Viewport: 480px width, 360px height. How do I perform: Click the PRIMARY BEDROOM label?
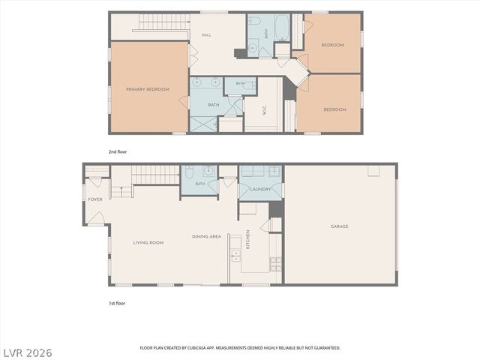tap(148, 89)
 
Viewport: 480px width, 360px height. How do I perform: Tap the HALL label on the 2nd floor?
tap(206, 35)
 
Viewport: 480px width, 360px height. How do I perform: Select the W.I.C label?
tap(265, 110)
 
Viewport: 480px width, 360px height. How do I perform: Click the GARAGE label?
tap(339, 226)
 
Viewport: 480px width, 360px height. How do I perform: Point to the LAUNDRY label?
tap(260, 189)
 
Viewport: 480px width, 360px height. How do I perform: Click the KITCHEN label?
tap(248, 239)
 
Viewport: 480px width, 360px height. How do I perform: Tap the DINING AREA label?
tap(206, 236)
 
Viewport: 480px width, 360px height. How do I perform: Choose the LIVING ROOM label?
tap(148, 242)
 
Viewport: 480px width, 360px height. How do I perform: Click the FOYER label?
tap(95, 199)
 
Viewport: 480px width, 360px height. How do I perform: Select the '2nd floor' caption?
tap(118, 151)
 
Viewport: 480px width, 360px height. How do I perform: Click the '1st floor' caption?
tap(117, 303)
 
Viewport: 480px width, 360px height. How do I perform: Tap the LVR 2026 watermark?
tap(28, 353)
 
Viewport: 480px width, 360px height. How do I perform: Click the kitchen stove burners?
tap(275, 265)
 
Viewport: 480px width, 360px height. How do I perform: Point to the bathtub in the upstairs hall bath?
tap(282, 28)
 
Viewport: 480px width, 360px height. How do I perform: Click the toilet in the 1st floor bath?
tap(189, 172)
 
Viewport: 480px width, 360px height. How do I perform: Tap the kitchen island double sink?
tap(235, 256)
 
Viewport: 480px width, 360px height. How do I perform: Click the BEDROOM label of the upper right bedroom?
tap(333, 45)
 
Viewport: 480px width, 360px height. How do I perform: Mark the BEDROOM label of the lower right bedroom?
tap(335, 109)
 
